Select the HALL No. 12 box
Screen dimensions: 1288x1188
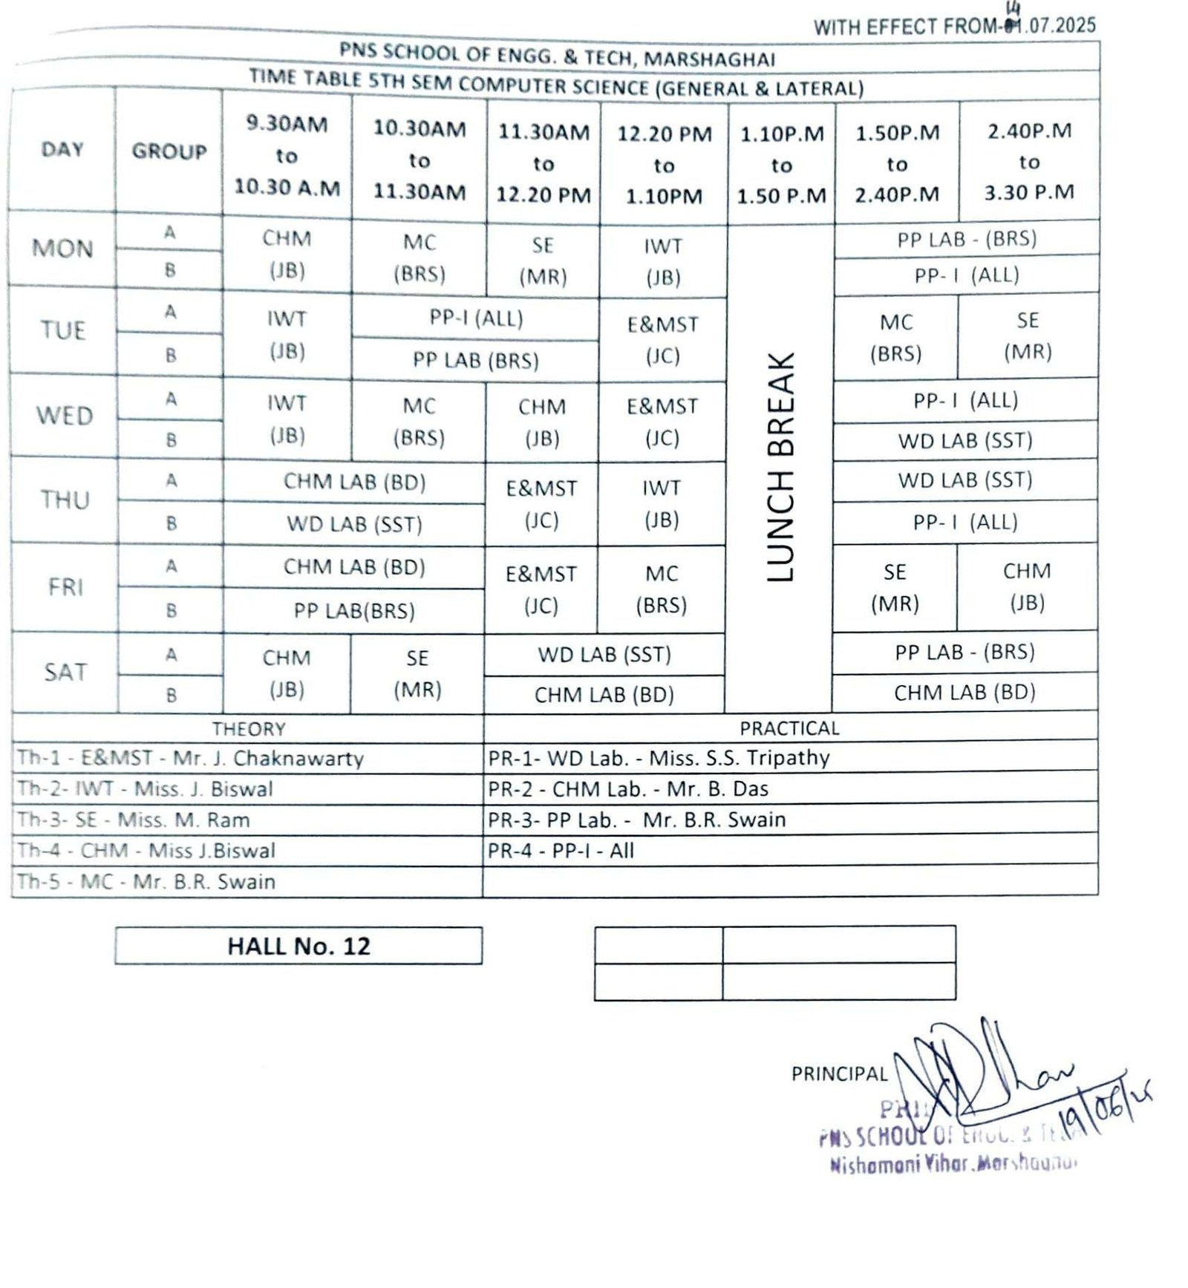click(x=298, y=946)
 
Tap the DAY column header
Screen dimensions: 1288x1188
click(x=62, y=149)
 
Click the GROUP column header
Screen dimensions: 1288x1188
click(x=169, y=151)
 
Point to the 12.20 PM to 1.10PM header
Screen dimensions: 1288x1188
click(x=664, y=165)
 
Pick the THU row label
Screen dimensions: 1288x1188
click(x=65, y=500)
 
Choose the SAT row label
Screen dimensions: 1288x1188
click(x=65, y=672)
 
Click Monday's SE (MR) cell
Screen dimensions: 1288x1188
click(x=543, y=261)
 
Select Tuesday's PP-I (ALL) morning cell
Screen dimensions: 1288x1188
click(x=476, y=318)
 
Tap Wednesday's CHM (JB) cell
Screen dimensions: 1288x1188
click(x=542, y=422)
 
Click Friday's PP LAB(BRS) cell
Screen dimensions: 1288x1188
click(x=354, y=611)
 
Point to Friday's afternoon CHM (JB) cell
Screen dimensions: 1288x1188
click(x=1027, y=586)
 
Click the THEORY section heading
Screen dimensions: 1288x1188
click(x=249, y=729)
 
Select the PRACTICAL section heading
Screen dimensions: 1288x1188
click(x=789, y=728)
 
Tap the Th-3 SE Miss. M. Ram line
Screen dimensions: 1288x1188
click(x=134, y=820)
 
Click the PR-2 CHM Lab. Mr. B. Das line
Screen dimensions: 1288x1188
click(x=628, y=788)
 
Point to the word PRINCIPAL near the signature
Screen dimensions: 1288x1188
click(x=839, y=1074)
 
